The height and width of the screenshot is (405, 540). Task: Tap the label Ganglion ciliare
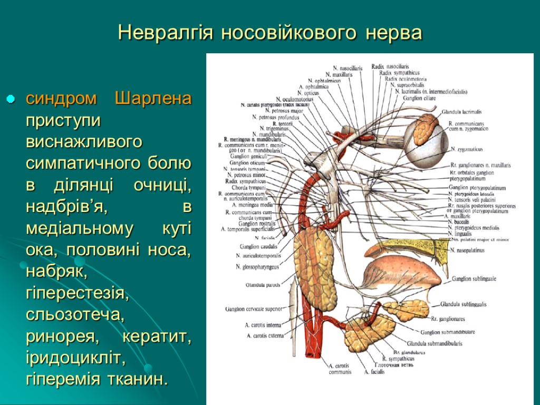419,98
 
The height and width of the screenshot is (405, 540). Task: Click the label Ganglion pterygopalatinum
477,188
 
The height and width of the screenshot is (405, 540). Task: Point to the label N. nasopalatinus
468,250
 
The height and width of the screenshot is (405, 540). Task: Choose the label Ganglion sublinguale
474,278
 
